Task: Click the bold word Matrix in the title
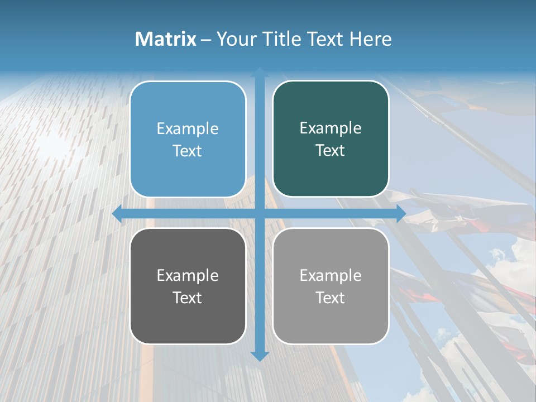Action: (166, 39)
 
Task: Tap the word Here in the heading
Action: (371, 39)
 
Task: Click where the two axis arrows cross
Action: (260, 214)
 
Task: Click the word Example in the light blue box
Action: (188, 129)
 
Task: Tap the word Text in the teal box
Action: (331, 151)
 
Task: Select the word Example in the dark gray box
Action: (188, 276)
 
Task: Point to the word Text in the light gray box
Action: (331, 298)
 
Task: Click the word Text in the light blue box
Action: (188, 151)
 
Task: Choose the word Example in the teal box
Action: (331, 128)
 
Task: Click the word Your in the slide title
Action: (237, 39)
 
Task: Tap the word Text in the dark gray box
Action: (188, 298)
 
